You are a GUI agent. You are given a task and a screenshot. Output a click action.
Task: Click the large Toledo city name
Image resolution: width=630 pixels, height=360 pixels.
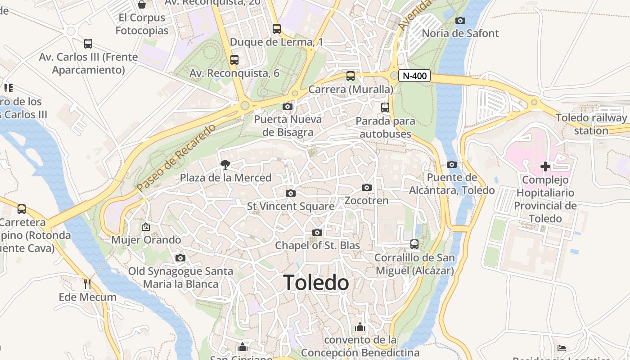pyautogui.click(x=316, y=283)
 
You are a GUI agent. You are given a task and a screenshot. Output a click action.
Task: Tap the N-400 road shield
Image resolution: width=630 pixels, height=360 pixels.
pyautogui.click(x=414, y=76)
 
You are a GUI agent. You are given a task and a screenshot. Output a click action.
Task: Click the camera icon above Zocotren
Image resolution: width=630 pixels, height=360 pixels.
pyautogui.click(x=367, y=187)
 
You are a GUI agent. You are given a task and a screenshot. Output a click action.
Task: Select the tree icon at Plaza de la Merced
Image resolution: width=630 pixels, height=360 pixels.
pyautogui.click(x=225, y=165)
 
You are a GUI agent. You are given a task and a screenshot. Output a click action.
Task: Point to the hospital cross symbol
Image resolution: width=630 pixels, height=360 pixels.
pyautogui.click(x=545, y=166)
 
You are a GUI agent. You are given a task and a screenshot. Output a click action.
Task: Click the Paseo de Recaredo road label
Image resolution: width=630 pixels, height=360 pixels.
pyautogui.click(x=176, y=158)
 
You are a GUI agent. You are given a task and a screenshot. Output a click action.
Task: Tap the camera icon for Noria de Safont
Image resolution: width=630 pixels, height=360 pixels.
pyautogui.click(x=460, y=20)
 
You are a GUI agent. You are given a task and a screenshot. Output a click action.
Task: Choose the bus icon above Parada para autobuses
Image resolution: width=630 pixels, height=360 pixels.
pyautogui.click(x=385, y=108)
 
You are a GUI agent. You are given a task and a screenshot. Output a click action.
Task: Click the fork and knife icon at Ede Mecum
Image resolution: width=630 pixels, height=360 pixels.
pyautogui.click(x=87, y=283)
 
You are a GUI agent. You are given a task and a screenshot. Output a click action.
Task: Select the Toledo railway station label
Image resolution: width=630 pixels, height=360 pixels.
pyautogui.click(x=591, y=124)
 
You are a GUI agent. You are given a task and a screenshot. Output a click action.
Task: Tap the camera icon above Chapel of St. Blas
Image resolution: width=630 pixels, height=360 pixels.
pyautogui.click(x=317, y=232)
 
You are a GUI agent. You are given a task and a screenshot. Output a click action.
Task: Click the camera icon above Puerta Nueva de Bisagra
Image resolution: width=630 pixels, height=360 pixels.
pyautogui.click(x=287, y=107)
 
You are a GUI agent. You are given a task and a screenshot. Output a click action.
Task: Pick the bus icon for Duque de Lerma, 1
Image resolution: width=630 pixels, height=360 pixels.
pyautogui.click(x=277, y=29)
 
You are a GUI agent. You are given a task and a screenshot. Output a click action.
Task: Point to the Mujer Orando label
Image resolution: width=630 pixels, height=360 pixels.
pyautogui.click(x=146, y=240)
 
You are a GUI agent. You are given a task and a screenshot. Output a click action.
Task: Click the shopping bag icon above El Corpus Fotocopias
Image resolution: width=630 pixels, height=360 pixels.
pyautogui.click(x=142, y=4)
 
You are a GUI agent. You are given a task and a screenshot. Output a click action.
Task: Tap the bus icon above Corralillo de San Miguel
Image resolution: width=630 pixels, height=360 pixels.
pyautogui.click(x=414, y=244)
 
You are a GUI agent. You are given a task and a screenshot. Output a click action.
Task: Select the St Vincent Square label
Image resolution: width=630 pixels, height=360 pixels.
pyautogui.click(x=291, y=206)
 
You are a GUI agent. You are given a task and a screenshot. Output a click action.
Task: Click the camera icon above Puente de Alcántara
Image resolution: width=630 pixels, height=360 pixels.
pyautogui.click(x=452, y=164)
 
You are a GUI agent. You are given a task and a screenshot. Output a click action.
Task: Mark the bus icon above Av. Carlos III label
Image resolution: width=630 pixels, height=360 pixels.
pyautogui.click(x=88, y=44)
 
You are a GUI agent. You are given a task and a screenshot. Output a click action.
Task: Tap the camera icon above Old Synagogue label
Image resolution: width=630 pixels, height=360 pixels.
pyautogui.click(x=180, y=258)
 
